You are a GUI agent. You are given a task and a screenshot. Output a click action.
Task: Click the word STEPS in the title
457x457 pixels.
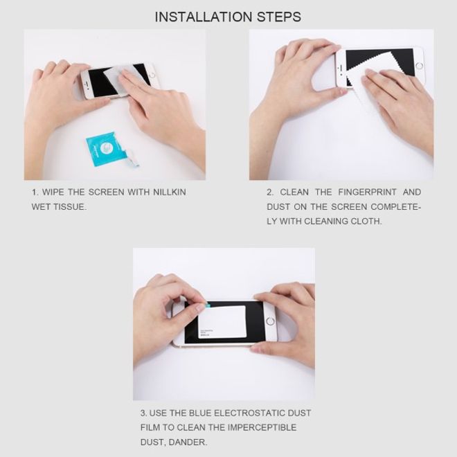click(x=279, y=17)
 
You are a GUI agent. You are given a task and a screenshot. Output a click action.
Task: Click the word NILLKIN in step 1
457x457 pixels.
click(x=168, y=192)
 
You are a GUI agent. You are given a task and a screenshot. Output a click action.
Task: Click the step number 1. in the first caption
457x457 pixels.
click(x=35, y=192)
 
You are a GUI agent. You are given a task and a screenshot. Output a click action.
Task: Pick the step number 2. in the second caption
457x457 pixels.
click(x=271, y=192)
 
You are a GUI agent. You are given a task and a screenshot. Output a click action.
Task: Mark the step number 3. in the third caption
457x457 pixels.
click(x=144, y=413)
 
